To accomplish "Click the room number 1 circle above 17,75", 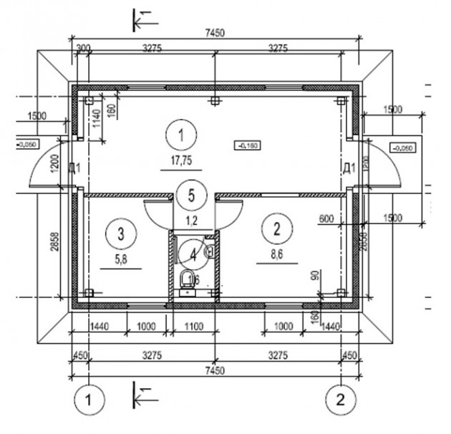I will coord(181,134).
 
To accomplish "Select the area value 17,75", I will coord(181,161).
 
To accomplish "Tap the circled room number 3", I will coord(122,232).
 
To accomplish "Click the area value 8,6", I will coord(276,254).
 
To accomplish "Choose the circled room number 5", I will coord(190,193).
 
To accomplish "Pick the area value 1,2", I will coord(190,220).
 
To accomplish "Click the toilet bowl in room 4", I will coord(188,280).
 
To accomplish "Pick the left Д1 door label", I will coord(74,169).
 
